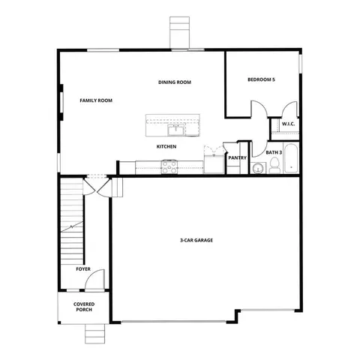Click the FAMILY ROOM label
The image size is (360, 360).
96,100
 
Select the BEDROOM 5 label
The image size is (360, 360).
262,79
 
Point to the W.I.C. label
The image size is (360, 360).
289,124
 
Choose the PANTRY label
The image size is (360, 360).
238,158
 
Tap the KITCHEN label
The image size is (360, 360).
166,146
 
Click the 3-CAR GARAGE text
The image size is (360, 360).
196,240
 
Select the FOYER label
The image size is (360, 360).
84,268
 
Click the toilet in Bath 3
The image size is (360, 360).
274,166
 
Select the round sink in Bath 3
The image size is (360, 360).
259,168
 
